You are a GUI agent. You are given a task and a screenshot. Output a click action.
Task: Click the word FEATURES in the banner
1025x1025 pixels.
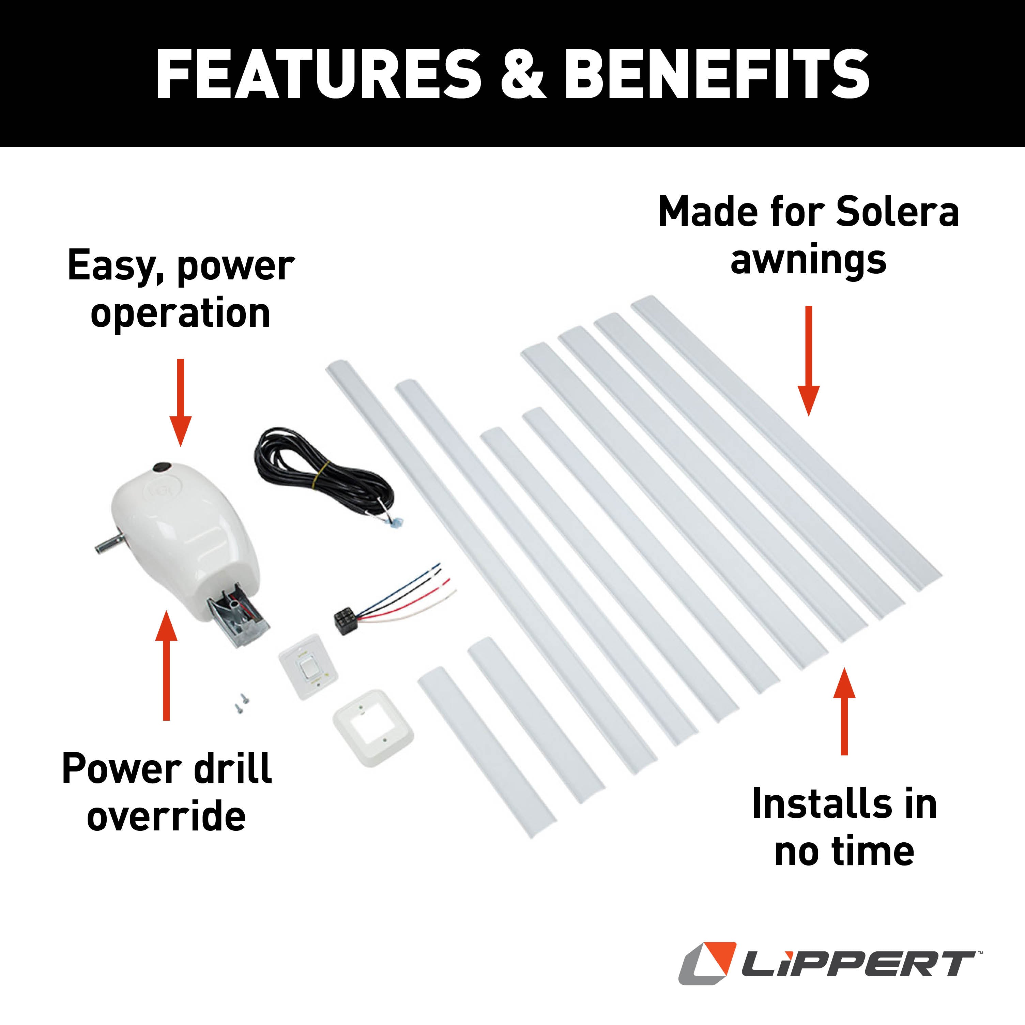[318, 74]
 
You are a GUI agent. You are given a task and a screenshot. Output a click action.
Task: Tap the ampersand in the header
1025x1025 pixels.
[523, 74]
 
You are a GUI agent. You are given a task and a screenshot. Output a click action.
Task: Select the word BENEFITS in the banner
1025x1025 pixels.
[717, 74]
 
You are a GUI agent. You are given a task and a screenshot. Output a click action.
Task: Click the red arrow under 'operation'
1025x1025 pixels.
[180, 402]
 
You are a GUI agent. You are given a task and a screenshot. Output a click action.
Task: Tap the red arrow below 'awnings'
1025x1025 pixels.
[809, 361]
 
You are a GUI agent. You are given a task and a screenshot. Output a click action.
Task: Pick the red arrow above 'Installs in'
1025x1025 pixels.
[844, 711]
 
